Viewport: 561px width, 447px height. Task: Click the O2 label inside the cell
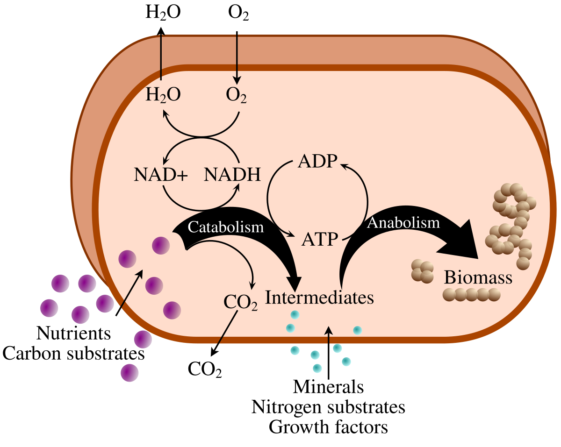click(x=237, y=96)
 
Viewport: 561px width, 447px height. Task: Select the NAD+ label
click(x=160, y=175)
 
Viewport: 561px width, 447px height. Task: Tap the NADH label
click(x=232, y=175)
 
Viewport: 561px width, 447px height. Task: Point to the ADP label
click(x=317, y=163)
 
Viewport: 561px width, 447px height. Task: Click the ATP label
click(x=320, y=240)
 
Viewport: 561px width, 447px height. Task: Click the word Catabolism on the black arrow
click(x=225, y=227)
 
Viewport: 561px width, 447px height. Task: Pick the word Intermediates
click(x=320, y=298)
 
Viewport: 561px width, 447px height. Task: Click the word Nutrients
click(x=73, y=333)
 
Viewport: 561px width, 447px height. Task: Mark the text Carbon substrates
click(x=73, y=353)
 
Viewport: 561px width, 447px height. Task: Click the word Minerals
click(x=328, y=387)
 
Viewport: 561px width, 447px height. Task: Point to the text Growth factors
click(x=329, y=427)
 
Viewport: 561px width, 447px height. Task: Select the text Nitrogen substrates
click(x=328, y=407)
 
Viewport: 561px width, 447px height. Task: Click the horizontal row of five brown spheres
click(x=472, y=295)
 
